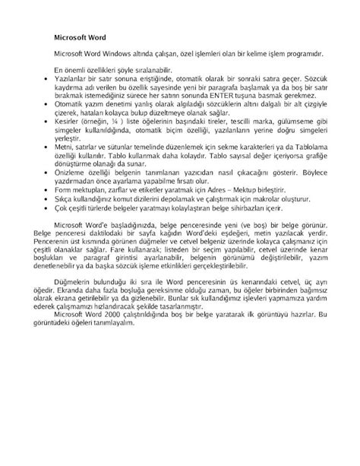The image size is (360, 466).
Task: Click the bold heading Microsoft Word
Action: [x=81, y=36]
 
